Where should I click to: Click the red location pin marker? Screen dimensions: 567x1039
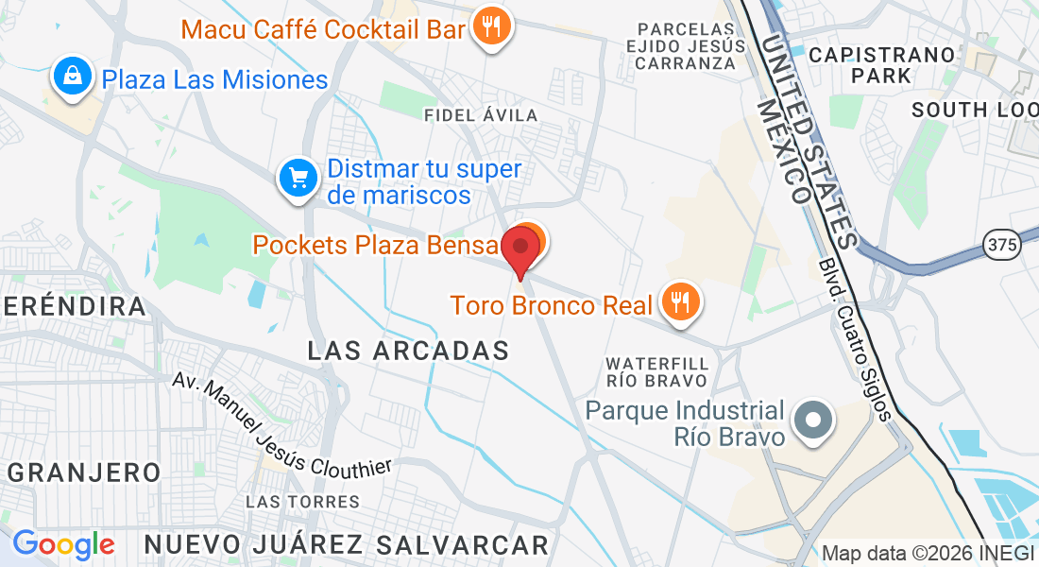pyautogui.click(x=519, y=249)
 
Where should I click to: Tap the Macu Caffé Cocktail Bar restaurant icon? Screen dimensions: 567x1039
pyautogui.click(x=489, y=26)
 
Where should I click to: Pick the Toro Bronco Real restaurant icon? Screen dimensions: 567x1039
pyautogui.click(x=679, y=302)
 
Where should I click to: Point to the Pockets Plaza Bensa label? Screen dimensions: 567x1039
pyautogui.click(x=375, y=246)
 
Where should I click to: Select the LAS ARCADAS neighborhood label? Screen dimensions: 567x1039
pyautogui.click(x=408, y=351)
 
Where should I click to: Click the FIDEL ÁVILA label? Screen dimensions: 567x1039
pyautogui.click(x=482, y=115)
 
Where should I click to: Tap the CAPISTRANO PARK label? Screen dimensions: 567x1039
pyautogui.click(x=882, y=65)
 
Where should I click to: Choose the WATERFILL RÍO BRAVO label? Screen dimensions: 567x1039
pyautogui.click(x=657, y=371)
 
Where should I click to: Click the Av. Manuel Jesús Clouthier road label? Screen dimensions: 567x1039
pyautogui.click(x=281, y=425)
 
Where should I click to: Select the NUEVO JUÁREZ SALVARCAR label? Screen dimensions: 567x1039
pyautogui.click(x=347, y=544)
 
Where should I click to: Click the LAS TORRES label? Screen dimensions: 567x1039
pyautogui.click(x=302, y=501)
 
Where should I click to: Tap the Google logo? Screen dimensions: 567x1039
pyautogui.click(x=63, y=544)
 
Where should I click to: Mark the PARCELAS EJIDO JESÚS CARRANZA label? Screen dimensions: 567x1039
pyautogui.click(x=686, y=45)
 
